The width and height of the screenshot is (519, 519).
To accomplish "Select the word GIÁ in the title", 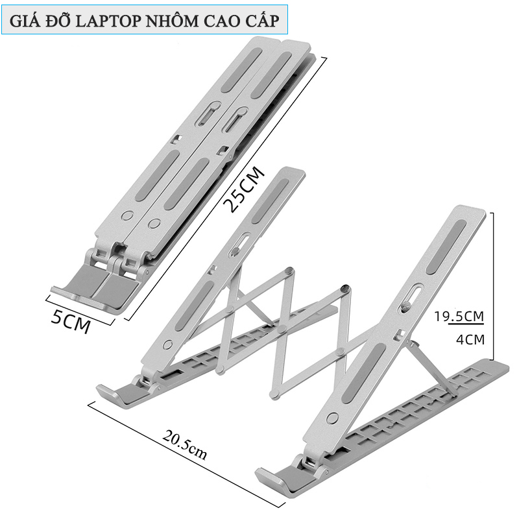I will tap(24, 21).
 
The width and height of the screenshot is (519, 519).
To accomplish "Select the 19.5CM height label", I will tap(459, 317).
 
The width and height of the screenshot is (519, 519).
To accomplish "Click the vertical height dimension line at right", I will tap(494, 285).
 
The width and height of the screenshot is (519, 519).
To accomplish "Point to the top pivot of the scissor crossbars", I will tap(345, 289).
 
